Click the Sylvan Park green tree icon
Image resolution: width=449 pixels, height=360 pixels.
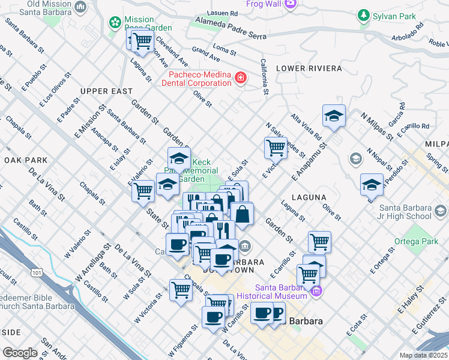363,14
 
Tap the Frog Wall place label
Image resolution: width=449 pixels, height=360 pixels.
263,4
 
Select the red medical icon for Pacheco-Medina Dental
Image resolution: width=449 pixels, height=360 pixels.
241,79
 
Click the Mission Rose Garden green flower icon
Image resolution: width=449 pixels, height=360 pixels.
114,22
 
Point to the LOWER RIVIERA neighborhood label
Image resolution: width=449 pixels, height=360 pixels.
309,68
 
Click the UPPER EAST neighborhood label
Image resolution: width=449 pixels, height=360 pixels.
106,91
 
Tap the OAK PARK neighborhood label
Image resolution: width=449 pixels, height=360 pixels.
25,160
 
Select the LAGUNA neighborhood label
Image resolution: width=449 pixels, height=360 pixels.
309,197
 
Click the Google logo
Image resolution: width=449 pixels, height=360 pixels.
20,352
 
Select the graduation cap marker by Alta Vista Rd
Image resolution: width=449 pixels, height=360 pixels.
334,116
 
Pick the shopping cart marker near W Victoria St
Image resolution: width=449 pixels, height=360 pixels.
181,290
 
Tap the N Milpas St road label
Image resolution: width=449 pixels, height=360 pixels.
376,125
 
